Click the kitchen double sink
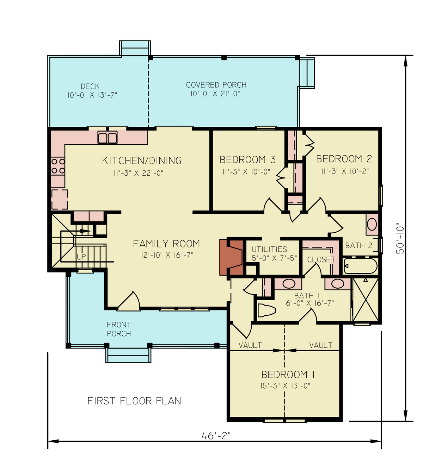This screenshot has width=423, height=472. click(107, 137)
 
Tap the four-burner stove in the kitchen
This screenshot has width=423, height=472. click(58, 166)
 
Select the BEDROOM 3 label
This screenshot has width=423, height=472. click(247, 160)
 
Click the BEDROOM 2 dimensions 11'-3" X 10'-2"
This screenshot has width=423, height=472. click(345, 171)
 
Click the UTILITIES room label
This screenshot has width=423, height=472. click(269, 249)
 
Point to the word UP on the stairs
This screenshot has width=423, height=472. click(81, 257)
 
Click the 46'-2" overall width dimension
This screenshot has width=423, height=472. click(216, 436)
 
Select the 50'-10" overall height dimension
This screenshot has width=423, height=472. click(400, 238)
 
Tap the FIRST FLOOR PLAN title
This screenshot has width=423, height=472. click(134, 401)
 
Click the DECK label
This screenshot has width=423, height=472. click(90, 86)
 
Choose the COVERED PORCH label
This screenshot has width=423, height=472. click(216, 85)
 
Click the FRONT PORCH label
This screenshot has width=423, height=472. click(119, 329)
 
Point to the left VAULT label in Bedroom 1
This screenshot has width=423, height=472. click(250, 345)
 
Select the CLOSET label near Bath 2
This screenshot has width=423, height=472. click(321, 259)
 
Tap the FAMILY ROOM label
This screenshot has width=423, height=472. click(166, 244)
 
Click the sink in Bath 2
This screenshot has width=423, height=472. click(372, 224)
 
